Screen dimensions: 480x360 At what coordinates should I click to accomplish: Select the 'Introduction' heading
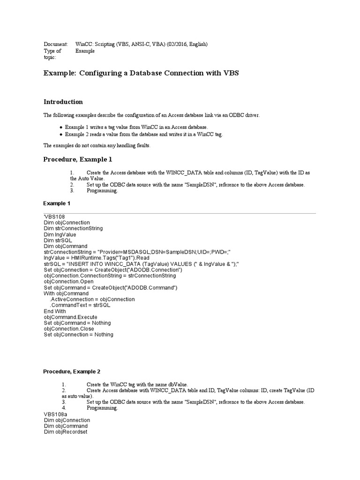coord(63,102)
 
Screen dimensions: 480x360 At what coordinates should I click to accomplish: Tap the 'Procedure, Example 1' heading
coord(78,159)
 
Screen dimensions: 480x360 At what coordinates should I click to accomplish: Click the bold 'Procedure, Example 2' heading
coord(72,372)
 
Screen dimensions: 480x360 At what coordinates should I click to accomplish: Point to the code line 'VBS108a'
coord(55,414)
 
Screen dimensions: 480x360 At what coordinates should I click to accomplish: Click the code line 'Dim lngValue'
coord(60,234)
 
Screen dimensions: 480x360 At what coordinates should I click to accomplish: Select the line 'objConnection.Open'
coord(69,282)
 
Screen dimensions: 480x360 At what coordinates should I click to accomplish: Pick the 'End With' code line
coord(55,311)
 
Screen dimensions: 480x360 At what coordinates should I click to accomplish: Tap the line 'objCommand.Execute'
coord(71,317)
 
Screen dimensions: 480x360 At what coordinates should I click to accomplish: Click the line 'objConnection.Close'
coord(69,329)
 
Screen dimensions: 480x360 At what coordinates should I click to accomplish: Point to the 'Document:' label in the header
coord(56,44)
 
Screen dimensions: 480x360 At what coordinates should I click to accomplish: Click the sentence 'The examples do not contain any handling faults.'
coord(97,145)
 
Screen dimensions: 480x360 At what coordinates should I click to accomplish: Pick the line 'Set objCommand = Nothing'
coord(77,323)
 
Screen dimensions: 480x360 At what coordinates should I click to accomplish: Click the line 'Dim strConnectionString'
coord(73,228)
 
